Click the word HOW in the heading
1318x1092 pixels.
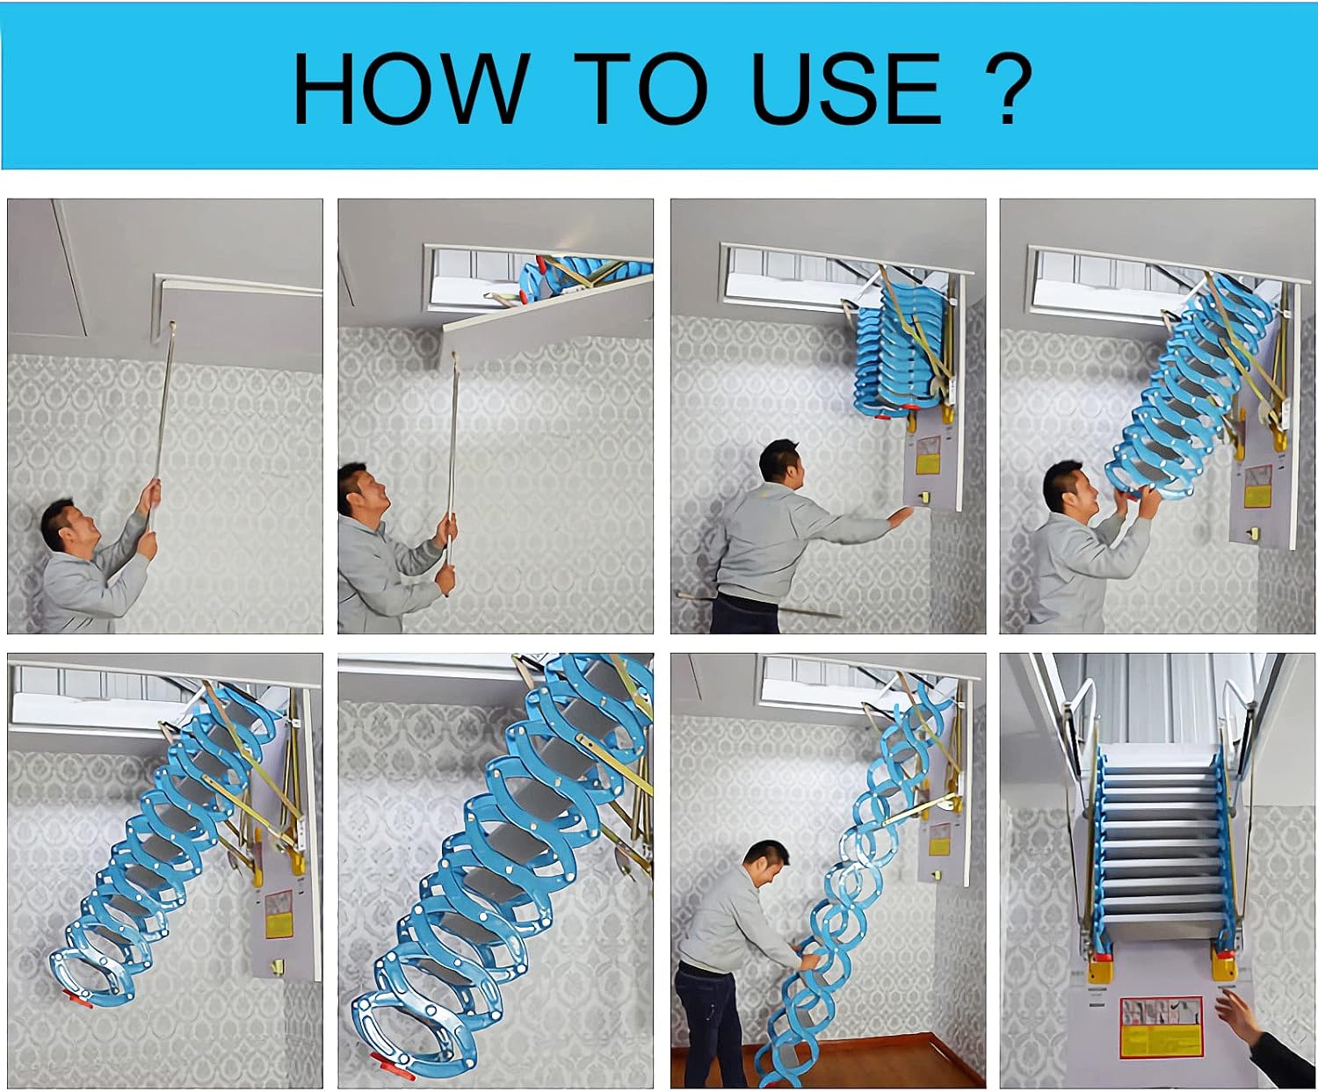point(409,88)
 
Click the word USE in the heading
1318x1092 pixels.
point(846,88)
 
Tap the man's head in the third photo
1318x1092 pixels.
point(782,463)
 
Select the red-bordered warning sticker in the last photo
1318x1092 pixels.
point(1160,1025)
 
